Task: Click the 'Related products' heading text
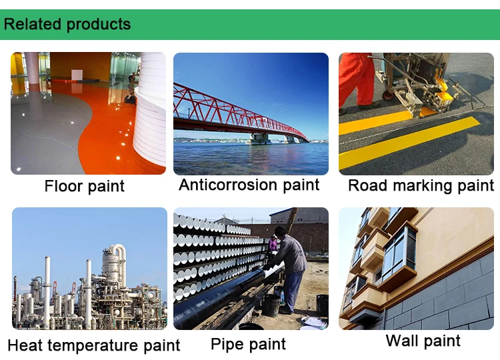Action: tap(67, 25)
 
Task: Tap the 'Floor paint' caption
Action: tap(85, 186)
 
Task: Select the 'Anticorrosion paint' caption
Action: tap(249, 185)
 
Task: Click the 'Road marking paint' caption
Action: tap(421, 185)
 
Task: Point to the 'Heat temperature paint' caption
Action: tap(94, 345)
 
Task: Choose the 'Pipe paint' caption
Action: tap(248, 344)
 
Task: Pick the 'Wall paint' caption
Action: tap(423, 341)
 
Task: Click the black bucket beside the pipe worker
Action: tap(271, 305)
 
